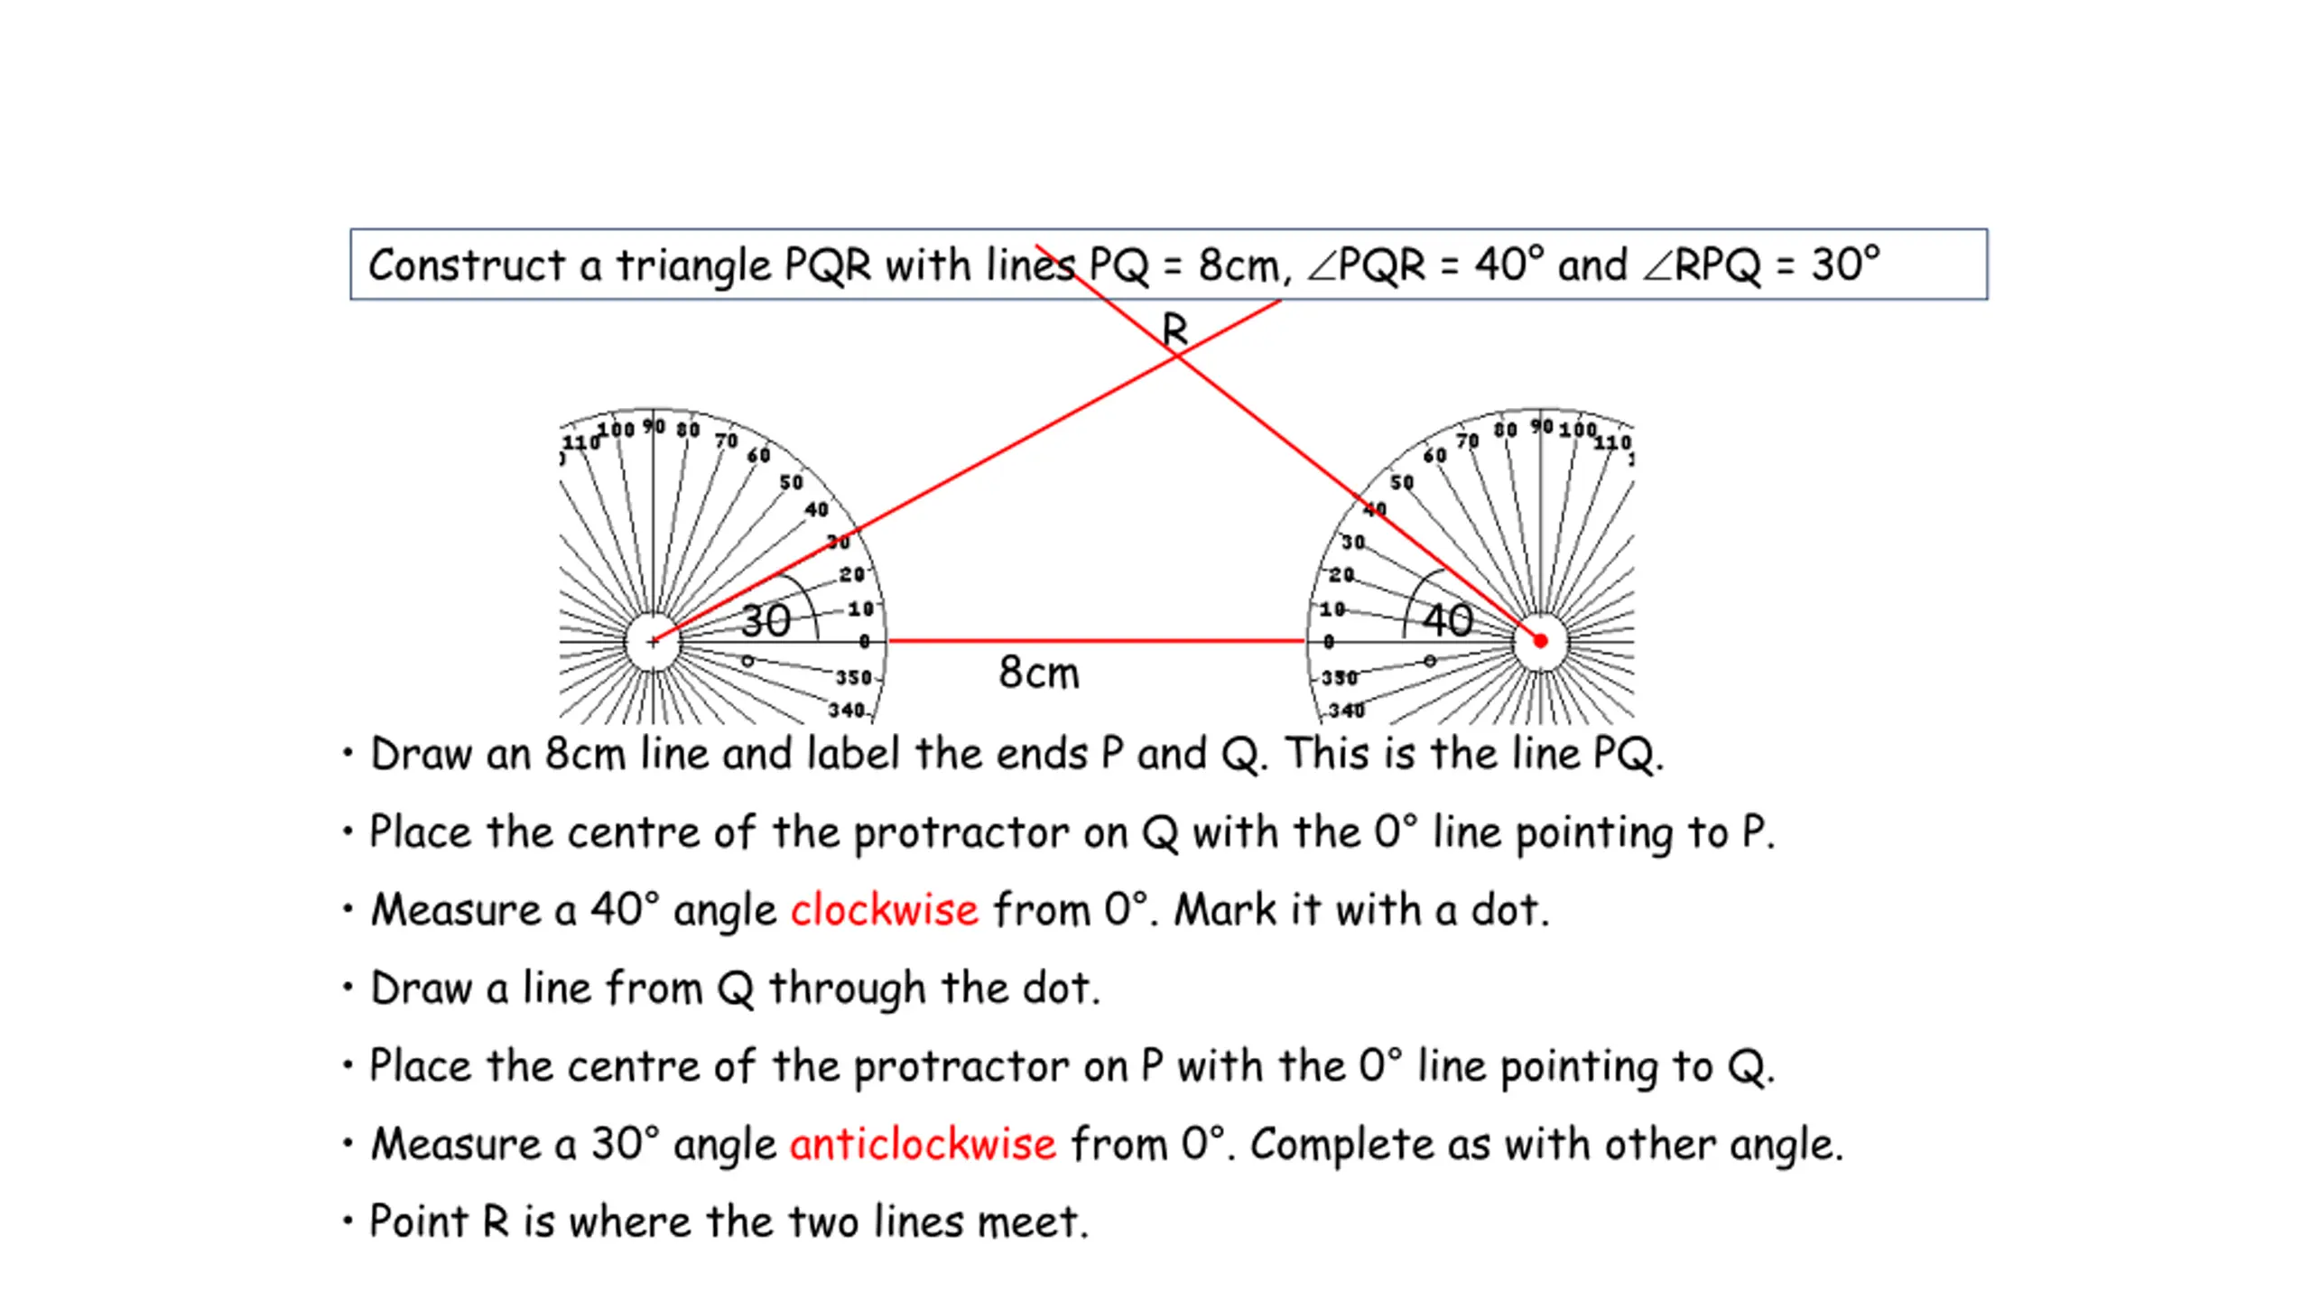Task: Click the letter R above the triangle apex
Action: (x=1174, y=330)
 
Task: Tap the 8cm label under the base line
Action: (x=1038, y=673)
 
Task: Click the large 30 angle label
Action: (x=766, y=621)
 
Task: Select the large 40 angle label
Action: (x=1447, y=621)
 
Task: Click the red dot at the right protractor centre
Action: (x=1540, y=641)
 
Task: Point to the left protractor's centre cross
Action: (x=653, y=642)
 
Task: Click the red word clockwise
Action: (x=884, y=910)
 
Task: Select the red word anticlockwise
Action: (x=922, y=1144)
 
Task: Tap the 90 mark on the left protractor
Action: (x=654, y=426)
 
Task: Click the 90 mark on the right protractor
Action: (x=1542, y=426)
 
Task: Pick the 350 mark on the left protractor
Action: (x=853, y=678)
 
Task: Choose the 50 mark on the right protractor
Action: (x=1401, y=483)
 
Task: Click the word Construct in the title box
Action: (x=467, y=265)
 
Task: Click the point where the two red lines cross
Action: (x=1176, y=357)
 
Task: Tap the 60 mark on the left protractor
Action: (x=758, y=455)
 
